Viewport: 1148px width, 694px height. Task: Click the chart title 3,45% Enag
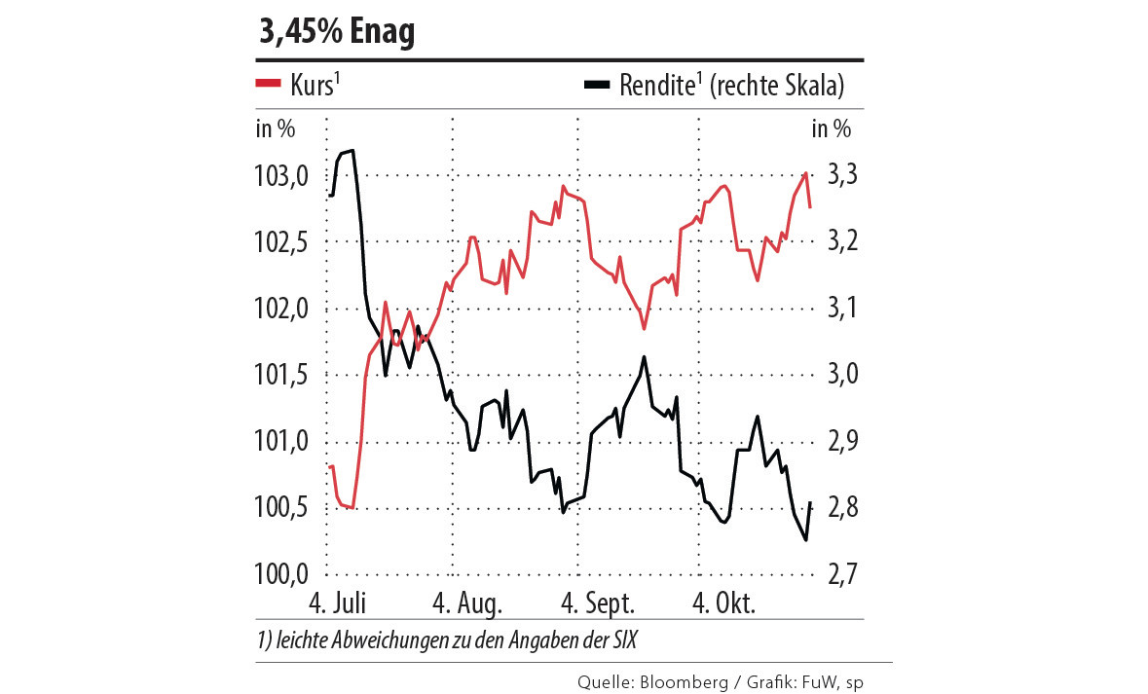336,32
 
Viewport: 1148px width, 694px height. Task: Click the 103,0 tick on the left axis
280,176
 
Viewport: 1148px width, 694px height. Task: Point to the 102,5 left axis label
280,242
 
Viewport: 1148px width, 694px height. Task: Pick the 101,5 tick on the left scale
280,375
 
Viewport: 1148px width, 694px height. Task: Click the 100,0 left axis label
280,573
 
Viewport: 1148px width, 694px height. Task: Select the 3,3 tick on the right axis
841,176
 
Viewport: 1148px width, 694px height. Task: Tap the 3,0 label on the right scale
841,375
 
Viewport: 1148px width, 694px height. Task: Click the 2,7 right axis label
841,573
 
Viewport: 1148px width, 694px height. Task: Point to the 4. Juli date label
336,603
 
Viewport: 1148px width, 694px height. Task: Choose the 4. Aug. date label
467,603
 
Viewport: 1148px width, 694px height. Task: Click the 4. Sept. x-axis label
596,603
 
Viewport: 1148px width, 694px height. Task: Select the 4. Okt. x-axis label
723,603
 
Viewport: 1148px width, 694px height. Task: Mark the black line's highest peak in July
351,151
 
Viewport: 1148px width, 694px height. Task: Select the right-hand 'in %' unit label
831,128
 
